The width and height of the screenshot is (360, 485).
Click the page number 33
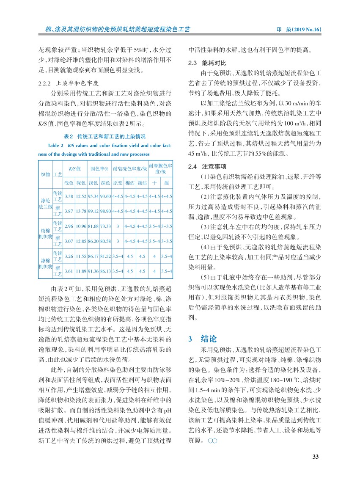(315, 456)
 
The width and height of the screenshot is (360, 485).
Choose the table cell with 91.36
(93, 270)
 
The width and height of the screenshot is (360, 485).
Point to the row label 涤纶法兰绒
(45, 203)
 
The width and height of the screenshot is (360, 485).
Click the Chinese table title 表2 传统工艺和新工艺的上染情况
(104, 137)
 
